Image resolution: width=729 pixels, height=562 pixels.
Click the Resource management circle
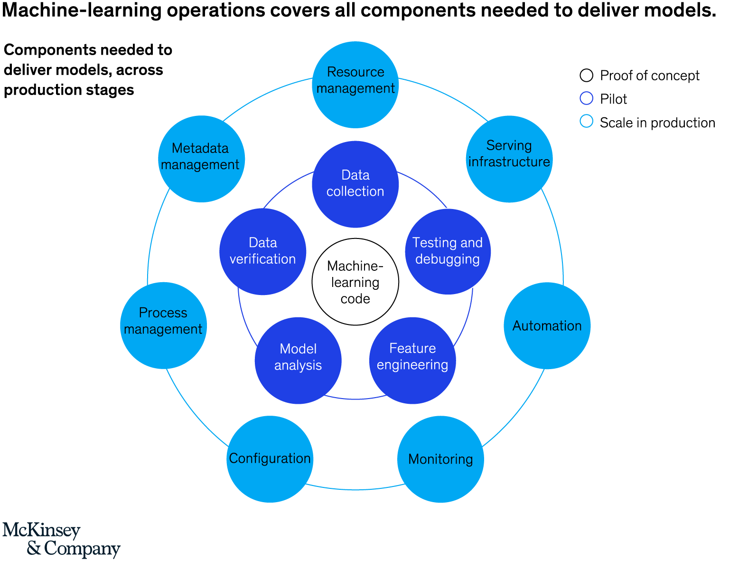(x=355, y=85)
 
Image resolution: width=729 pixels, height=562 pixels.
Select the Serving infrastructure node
(x=509, y=159)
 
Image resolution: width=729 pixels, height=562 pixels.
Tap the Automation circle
(x=547, y=325)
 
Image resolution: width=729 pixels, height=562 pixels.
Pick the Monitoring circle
(x=440, y=459)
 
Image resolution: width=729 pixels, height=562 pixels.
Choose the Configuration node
(x=270, y=459)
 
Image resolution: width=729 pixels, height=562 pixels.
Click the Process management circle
(x=163, y=325)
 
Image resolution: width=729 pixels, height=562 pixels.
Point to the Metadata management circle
(x=201, y=159)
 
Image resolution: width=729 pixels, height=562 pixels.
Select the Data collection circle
(x=355, y=184)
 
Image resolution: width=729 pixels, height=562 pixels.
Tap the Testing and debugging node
(x=448, y=251)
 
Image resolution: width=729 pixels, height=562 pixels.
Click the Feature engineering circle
(x=412, y=360)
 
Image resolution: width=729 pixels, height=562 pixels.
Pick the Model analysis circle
(x=298, y=360)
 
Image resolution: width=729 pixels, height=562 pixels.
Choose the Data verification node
(x=262, y=251)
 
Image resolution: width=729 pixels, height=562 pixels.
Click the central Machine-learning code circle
(x=355, y=282)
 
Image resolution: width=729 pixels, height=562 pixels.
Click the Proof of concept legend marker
(x=587, y=75)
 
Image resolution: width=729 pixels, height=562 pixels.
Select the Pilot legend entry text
(x=613, y=99)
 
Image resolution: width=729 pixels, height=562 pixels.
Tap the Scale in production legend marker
(x=587, y=122)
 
